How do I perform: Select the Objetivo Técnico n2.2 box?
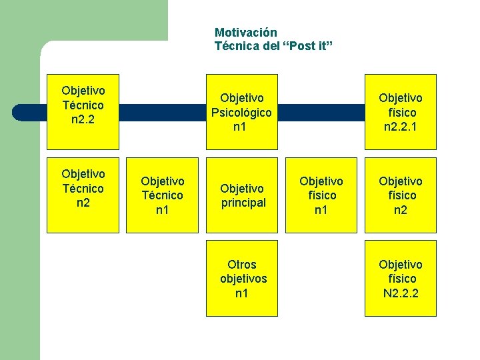tap(83, 111)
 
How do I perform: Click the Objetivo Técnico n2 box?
tap(83, 195)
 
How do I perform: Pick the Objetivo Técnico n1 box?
tap(163, 195)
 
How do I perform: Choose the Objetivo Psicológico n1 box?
tap(241, 111)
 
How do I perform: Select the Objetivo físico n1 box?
tap(321, 195)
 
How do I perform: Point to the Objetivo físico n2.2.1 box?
tap(401, 111)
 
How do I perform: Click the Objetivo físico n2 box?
tap(401, 195)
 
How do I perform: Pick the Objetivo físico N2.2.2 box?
tap(401, 278)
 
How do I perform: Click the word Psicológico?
tap(241, 113)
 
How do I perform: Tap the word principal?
tap(243, 203)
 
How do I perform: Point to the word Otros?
tap(241, 265)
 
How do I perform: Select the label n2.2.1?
tap(401, 127)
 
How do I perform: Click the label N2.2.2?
tap(401, 293)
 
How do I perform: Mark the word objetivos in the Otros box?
tap(243, 279)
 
